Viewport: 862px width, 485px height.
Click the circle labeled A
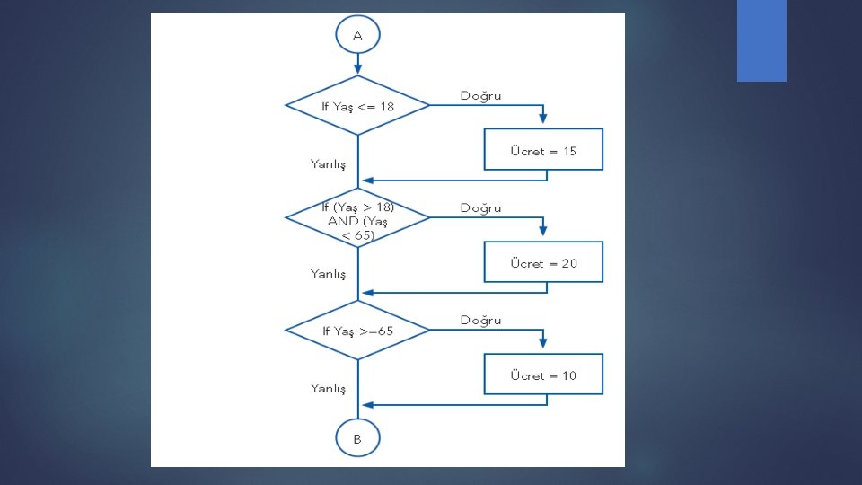click(x=357, y=36)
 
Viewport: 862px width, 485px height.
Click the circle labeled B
click(x=357, y=439)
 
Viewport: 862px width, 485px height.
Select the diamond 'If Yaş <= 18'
click(x=357, y=106)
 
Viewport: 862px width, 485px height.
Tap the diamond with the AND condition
click(x=357, y=218)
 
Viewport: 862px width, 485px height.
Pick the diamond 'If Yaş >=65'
click(x=357, y=331)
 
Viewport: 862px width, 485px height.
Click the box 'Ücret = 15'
click(x=543, y=150)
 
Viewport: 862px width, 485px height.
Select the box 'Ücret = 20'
click(x=543, y=263)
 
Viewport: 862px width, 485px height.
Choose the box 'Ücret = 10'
click(x=543, y=375)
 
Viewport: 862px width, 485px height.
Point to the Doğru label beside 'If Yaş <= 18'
click(x=480, y=95)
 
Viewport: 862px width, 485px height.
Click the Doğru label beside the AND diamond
click(x=480, y=207)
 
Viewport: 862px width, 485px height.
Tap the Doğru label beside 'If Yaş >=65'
click(x=480, y=320)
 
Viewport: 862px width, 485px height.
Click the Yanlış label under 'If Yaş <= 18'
click(x=328, y=163)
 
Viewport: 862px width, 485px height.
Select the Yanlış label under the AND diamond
click(x=328, y=273)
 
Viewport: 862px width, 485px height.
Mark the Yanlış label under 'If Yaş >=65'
click(x=328, y=388)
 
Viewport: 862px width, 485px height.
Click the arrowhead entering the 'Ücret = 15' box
click(x=543, y=124)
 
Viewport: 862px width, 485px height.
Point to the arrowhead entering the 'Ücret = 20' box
click(x=543, y=236)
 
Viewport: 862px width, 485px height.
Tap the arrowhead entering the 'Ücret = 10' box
click(x=543, y=348)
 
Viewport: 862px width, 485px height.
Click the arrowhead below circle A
click(x=357, y=70)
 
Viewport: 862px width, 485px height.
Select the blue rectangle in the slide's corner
click(x=761, y=40)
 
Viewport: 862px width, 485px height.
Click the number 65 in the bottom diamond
click(x=385, y=331)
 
